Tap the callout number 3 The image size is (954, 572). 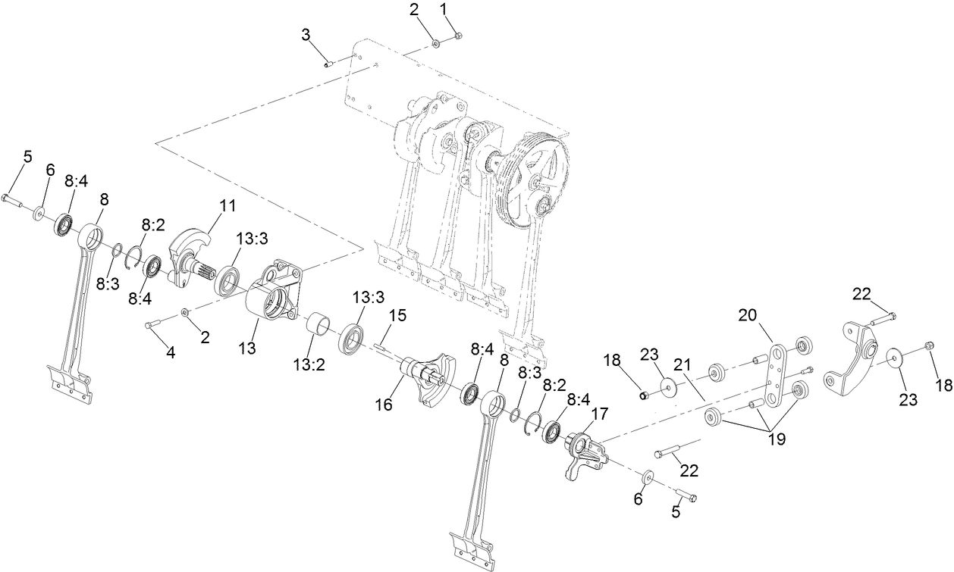pyautogui.click(x=306, y=34)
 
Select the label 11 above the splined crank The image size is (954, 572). pyautogui.click(x=228, y=205)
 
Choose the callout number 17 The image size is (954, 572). pyautogui.click(x=599, y=414)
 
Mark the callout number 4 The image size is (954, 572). pyautogui.click(x=171, y=352)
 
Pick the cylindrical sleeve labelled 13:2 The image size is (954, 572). pyautogui.click(x=320, y=327)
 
